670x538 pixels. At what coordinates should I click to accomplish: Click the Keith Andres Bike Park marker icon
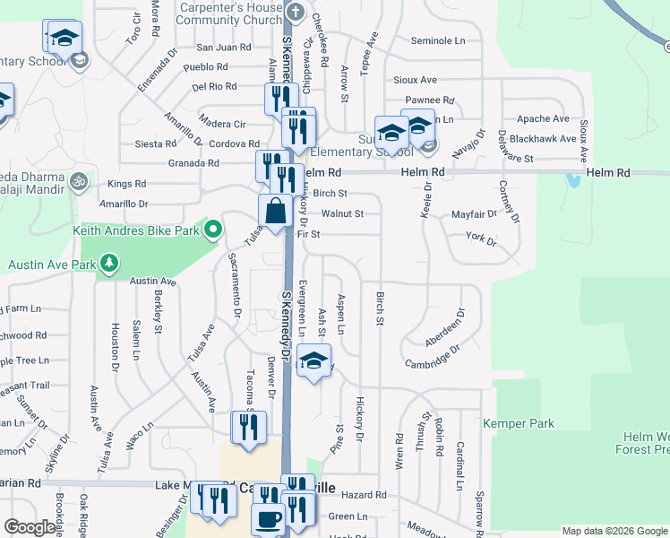coord(212,230)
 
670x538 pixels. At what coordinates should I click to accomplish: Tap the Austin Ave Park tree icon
coord(109,264)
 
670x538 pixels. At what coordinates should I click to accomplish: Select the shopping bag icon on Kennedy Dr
coord(276,212)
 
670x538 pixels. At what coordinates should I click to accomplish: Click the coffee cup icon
coord(268,519)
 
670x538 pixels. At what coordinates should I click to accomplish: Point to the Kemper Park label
coord(519,423)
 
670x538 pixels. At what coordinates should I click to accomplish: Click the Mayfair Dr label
coord(474,214)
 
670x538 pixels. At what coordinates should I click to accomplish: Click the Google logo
coord(30,526)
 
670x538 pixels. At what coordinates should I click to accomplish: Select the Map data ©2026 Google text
coord(614,531)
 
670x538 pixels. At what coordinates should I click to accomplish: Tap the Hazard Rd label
coord(363,494)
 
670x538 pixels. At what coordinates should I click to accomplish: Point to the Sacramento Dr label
coord(235,285)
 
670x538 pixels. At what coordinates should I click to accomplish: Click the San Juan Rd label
coord(223,47)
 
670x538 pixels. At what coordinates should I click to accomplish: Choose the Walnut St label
coord(342,213)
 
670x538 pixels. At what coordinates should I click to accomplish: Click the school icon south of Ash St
coord(313,360)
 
